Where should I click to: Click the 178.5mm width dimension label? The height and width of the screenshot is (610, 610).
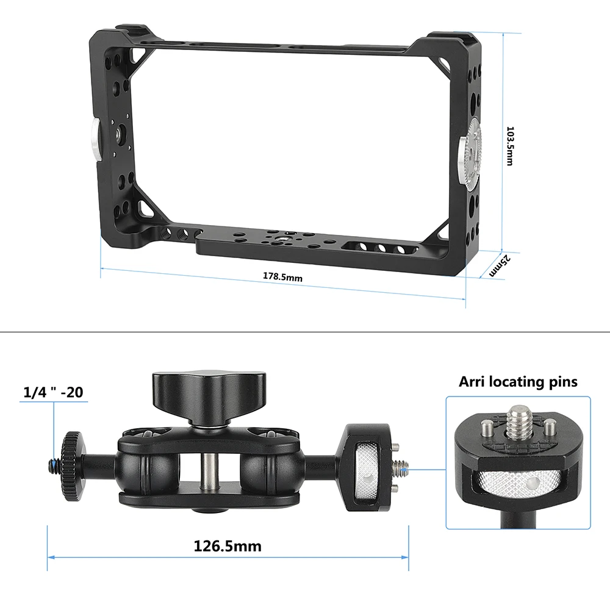click(x=283, y=277)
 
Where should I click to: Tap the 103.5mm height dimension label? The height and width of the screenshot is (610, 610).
click(x=511, y=146)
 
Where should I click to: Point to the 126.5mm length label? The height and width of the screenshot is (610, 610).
click(x=228, y=545)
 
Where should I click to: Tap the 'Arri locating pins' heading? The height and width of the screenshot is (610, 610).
click(x=518, y=382)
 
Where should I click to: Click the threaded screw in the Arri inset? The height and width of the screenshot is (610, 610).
click(x=520, y=420)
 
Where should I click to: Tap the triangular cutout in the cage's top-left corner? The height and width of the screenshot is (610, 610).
click(x=135, y=52)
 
